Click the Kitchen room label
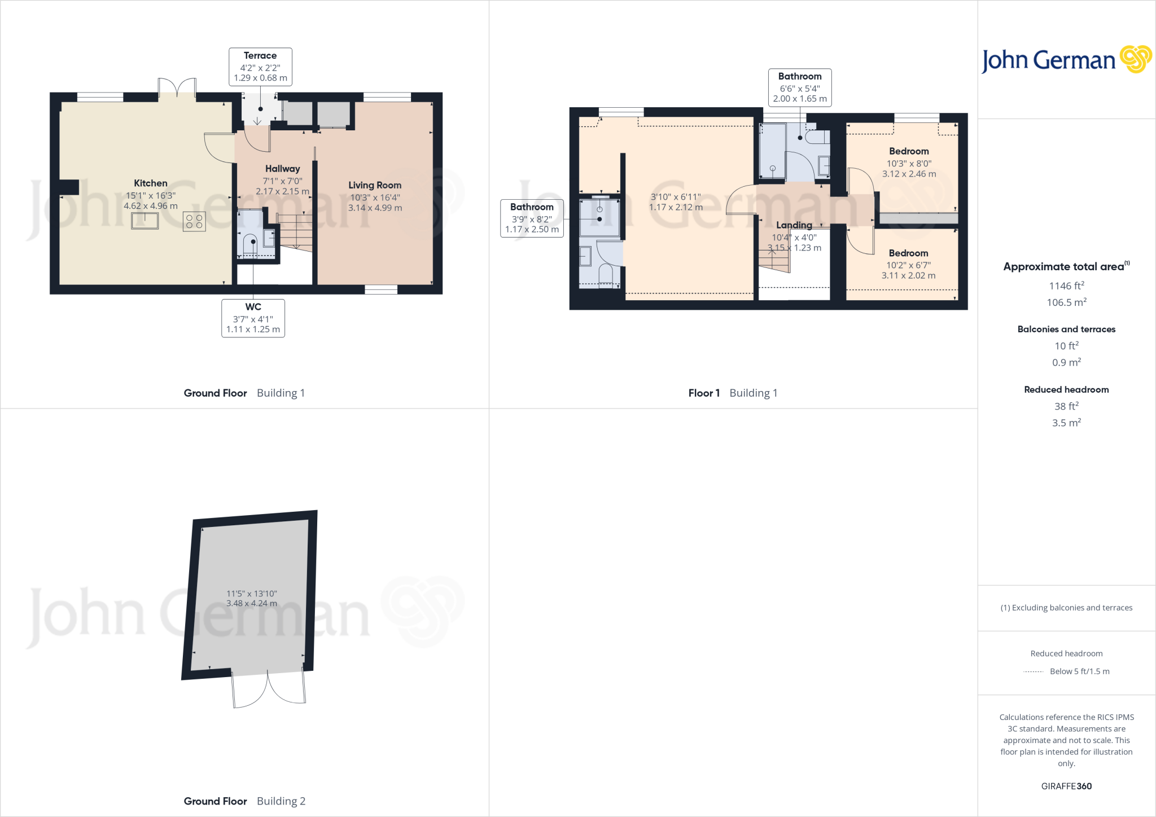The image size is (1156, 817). point(150,183)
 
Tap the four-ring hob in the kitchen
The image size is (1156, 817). point(194,221)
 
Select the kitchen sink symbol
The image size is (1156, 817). point(144,221)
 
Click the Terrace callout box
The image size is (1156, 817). point(260,67)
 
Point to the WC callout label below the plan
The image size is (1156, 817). point(253,318)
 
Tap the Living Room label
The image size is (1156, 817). point(375,185)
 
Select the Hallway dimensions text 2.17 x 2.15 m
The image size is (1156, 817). point(282,192)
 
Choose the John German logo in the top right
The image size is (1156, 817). point(1066,60)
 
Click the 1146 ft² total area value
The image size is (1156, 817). point(1066,286)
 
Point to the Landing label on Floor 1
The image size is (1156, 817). point(794,225)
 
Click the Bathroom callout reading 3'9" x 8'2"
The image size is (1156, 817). point(532,218)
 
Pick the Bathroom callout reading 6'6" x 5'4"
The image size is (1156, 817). point(800,87)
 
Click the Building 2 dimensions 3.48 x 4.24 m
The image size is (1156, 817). point(252,604)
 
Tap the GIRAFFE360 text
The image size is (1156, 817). point(1066,786)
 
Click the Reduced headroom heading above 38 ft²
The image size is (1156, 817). point(1066,389)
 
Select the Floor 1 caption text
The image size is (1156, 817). point(704,393)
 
